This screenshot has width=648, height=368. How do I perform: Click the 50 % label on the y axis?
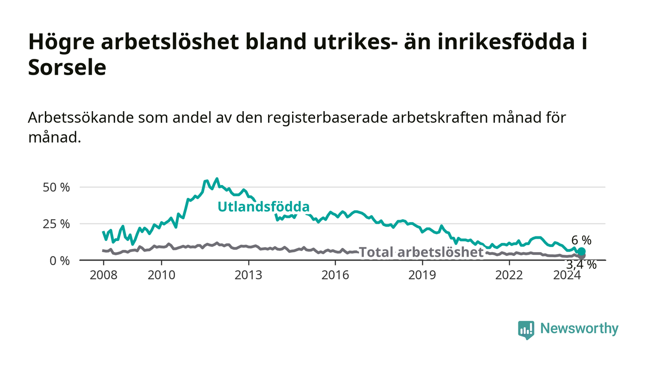coord(56,188)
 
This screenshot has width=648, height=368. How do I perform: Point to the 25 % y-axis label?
coord(56,224)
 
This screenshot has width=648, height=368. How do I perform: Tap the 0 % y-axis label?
coord(60,261)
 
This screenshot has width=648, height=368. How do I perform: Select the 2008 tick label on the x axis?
coord(104,275)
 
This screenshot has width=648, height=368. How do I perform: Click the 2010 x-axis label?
coord(162,275)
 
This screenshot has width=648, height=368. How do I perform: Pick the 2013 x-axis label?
coord(248,275)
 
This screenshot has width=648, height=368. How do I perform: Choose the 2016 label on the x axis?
coord(335,275)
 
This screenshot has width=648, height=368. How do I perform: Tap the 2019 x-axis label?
coord(422,275)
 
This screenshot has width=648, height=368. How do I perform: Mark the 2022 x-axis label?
coord(509,275)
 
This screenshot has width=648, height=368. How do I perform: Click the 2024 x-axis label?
coord(567,275)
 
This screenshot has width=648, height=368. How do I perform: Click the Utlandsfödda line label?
coord(263,207)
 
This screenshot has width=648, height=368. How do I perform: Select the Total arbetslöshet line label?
coord(421,252)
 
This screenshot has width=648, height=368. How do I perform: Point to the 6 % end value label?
coord(581,240)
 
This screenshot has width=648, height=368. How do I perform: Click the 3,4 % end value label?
coord(581,265)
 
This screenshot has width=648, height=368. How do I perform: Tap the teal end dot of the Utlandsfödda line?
coord(581,251)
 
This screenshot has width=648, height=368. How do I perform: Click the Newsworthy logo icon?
coord(526,330)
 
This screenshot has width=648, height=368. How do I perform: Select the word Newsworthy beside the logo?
coord(579,329)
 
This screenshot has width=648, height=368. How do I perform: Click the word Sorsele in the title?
coord(67,68)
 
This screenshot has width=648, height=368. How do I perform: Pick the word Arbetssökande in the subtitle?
coord(81,117)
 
